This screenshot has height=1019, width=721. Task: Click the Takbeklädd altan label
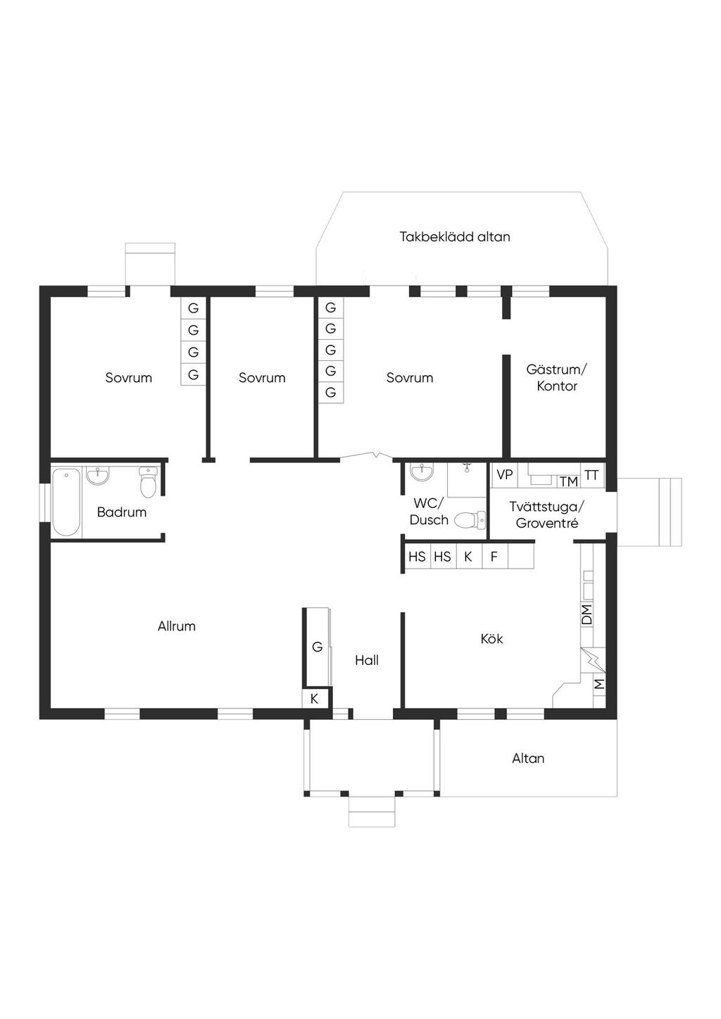pyautogui.click(x=455, y=237)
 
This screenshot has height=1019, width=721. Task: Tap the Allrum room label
pyautogui.click(x=177, y=626)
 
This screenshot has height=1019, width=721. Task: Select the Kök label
pyautogui.click(x=491, y=639)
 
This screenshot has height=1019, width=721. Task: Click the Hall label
pyautogui.click(x=366, y=661)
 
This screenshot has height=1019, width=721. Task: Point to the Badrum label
pyautogui.click(x=122, y=512)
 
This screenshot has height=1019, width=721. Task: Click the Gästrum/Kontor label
pyautogui.click(x=557, y=378)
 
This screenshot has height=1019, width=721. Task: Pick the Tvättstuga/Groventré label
pyautogui.click(x=546, y=514)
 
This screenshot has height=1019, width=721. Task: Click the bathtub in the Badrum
pyautogui.click(x=66, y=502)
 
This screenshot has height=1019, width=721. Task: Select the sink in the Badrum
pyautogui.click(x=98, y=476)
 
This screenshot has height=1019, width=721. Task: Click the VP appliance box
pyautogui.click(x=505, y=475)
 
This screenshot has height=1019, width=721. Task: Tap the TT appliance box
pyautogui.click(x=591, y=476)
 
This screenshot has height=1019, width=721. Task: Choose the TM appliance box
pyautogui.click(x=568, y=481)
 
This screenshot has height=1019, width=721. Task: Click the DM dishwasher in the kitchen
pyautogui.click(x=587, y=614)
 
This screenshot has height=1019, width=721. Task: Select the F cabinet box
pyautogui.click(x=494, y=557)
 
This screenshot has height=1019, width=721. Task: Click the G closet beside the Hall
pyautogui.click(x=318, y=647)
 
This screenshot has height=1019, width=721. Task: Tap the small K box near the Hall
pyautogui.click(x=314, y=700)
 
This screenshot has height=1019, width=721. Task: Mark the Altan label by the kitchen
pyautogui.click(x=528, y=759)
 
